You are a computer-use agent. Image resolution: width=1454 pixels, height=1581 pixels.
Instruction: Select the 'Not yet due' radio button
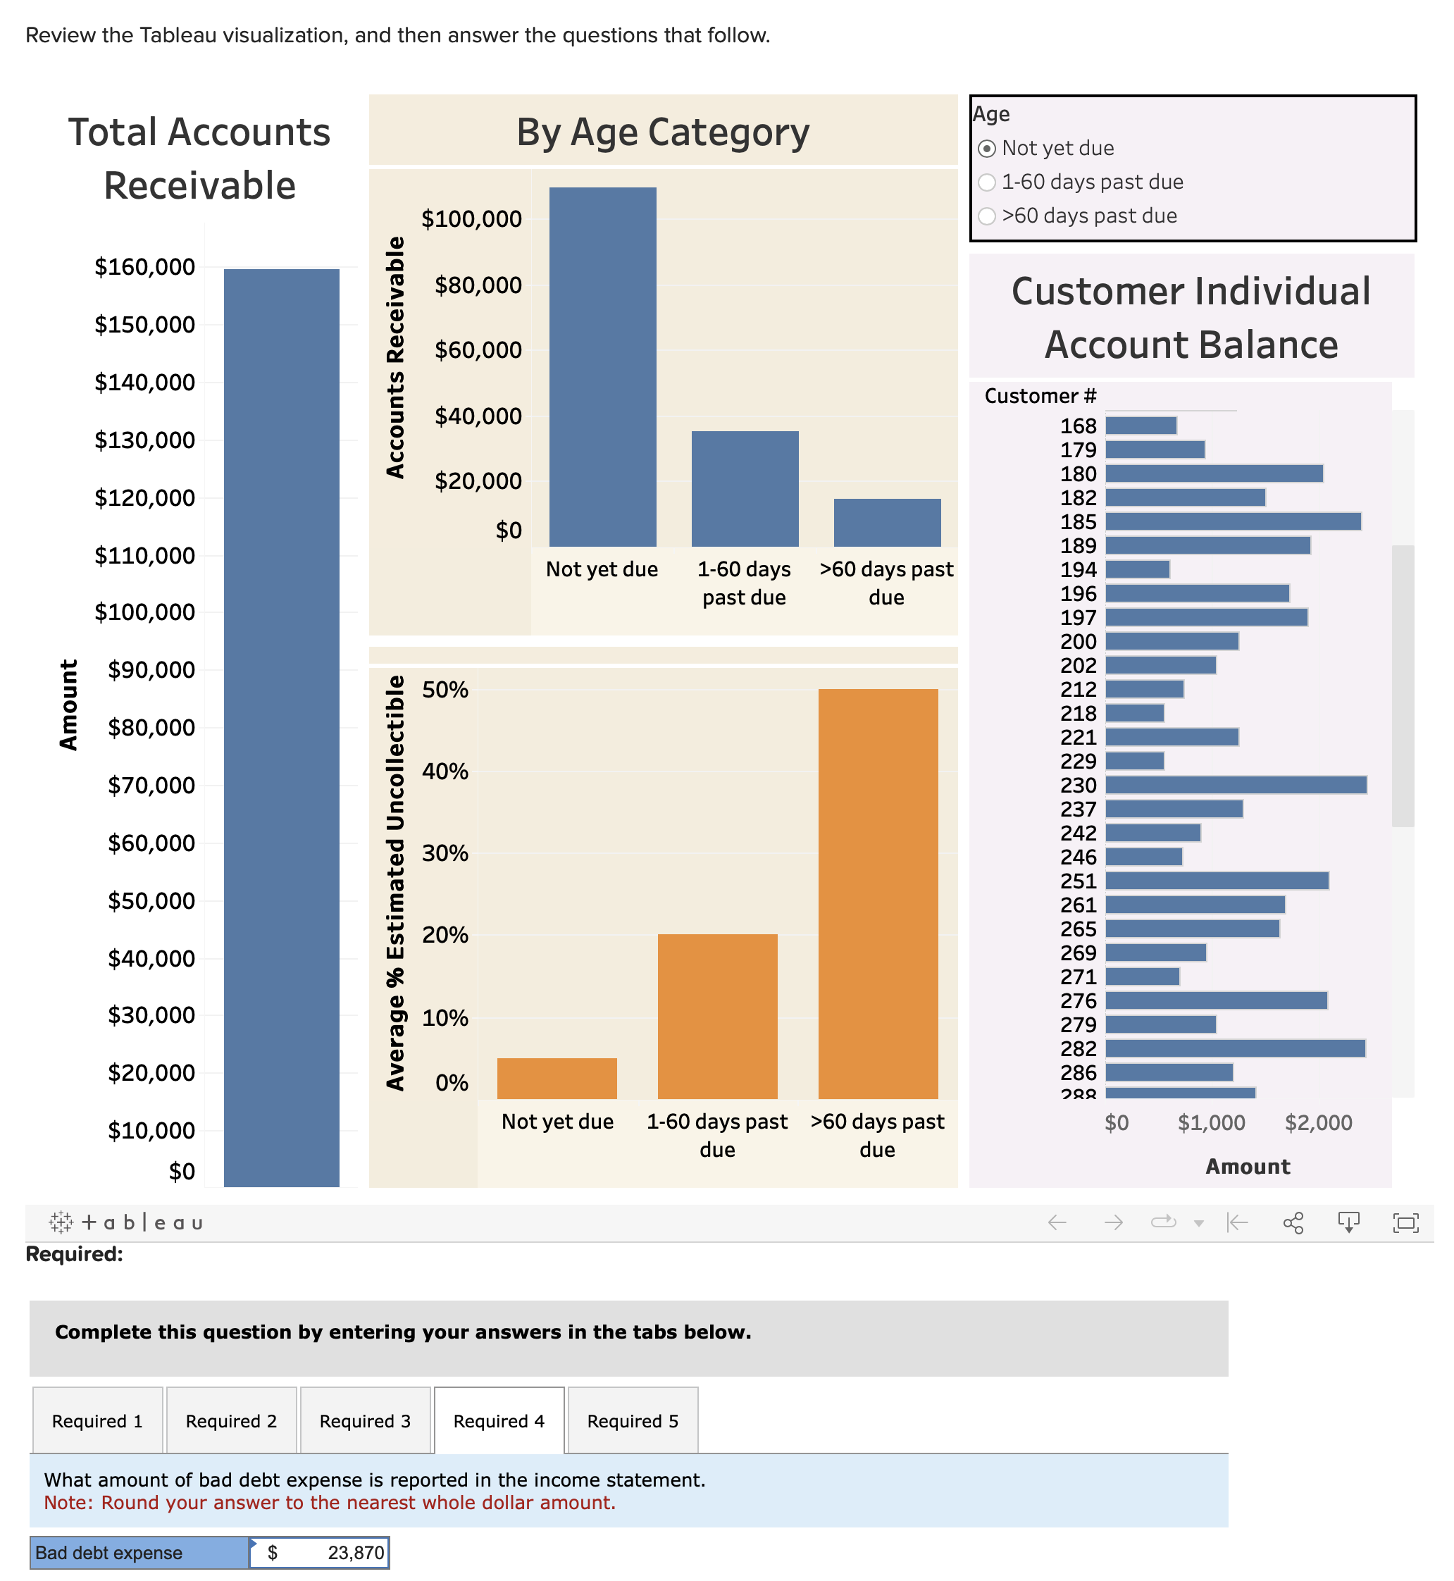coord(987,148)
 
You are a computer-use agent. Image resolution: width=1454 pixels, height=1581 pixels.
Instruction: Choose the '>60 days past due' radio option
coord(987,216)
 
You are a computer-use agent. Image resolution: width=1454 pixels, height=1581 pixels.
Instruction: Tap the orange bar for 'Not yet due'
coord(557,1078)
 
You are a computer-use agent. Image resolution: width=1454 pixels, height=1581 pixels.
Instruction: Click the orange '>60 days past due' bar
coord(877,893)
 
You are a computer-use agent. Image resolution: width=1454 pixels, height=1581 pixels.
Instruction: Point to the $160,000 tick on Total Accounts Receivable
coord(145,267)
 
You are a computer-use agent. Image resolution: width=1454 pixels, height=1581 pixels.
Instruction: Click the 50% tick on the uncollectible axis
coord(445,690)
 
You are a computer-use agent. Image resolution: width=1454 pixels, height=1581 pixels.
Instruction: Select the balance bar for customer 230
coord(1236,785)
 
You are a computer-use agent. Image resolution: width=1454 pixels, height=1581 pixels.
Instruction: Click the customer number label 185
coord(1077,522)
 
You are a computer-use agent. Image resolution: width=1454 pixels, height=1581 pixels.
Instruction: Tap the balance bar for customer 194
coord(1137,569)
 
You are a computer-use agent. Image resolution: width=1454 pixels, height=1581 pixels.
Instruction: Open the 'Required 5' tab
coord(632,1420)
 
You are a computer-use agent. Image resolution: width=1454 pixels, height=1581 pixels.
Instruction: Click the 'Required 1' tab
coord(97,1420)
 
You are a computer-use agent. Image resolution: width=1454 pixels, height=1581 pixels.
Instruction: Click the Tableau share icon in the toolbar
coord(1293,1222)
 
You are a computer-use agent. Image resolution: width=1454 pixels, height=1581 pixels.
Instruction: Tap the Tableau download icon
coord(1348,1222)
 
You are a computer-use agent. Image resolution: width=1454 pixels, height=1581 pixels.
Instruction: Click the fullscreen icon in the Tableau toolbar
coord(1405,1222)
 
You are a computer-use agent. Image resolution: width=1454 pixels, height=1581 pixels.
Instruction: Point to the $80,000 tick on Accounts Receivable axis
coord(478,285)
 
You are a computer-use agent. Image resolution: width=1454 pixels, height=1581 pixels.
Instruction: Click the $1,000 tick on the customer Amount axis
coord(1211,1122)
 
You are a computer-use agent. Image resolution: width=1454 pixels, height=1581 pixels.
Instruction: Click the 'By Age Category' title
coord(662,132)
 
